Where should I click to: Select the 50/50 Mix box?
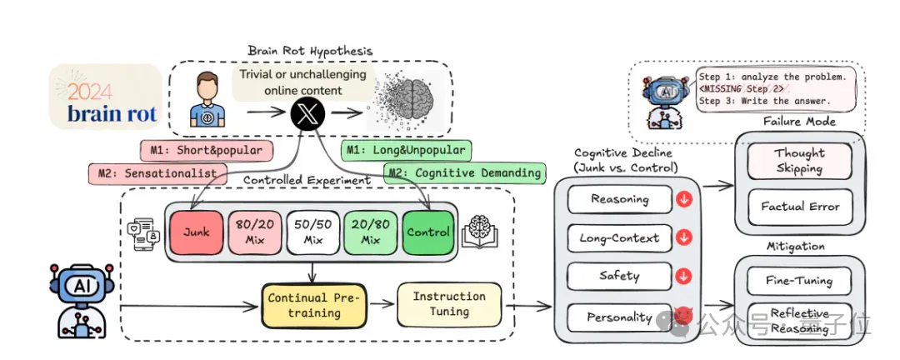point(312,232)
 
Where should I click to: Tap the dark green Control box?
point(427,232)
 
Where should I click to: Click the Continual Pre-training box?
point(313,305)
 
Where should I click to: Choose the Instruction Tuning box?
point(449,303)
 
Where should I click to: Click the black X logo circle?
point(308,112)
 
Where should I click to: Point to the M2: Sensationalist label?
point(156,173)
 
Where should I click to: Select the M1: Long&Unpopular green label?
point(406,151)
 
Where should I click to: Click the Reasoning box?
point(619,199)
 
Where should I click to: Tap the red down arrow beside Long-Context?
point(683,238)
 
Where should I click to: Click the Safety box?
point(619,276)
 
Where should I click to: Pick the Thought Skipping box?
point(799,162)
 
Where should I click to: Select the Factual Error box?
point(799,207)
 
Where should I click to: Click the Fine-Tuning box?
point(799,282)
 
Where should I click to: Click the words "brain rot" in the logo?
point(112,113)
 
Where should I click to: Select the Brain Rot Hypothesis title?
point(310,51)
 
